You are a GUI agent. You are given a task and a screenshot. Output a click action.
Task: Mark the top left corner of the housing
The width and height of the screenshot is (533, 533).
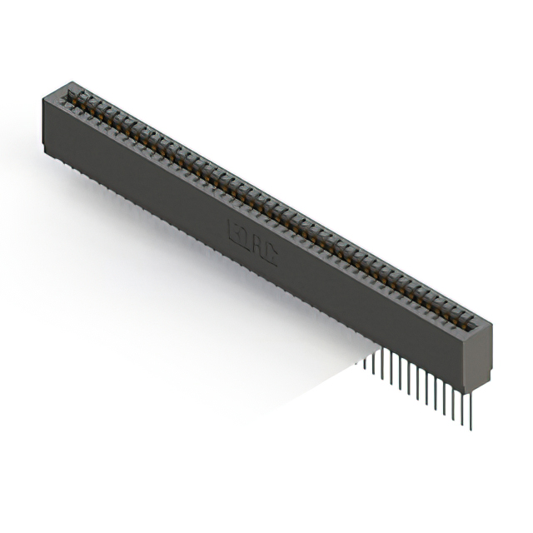(x=42, y=98)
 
